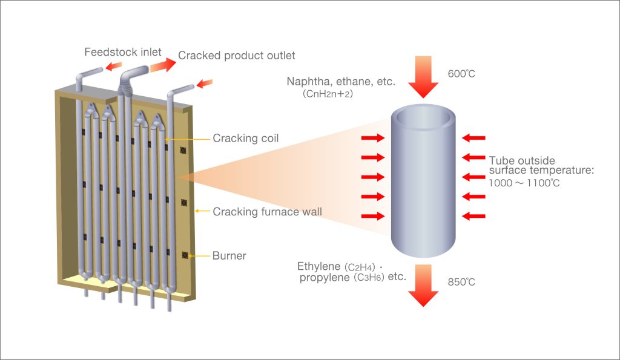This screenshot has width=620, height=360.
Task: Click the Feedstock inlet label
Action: (122, 52)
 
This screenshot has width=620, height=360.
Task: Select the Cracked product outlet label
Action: (237, 55)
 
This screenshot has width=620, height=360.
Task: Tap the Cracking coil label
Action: (246, 139)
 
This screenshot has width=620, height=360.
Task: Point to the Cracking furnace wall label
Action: (267, 212)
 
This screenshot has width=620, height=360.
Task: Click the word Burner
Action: (229, 256)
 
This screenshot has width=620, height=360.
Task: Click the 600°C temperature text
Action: (461, 73)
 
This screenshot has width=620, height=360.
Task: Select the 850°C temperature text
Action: (461, 282)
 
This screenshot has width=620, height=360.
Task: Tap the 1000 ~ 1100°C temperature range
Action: (524, 183)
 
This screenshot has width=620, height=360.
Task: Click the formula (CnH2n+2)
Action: (328, 94)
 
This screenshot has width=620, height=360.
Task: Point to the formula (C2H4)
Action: (360, 267)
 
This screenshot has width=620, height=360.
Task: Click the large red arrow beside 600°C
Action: (423, 77)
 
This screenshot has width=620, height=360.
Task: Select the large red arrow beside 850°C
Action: (423, 286)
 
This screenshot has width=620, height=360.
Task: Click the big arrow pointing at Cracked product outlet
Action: (163, 65)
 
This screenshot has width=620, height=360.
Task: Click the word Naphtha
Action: (309, 82)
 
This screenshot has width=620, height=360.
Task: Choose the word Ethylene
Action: (319, 267)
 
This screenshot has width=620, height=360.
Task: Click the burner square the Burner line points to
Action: (185, 255)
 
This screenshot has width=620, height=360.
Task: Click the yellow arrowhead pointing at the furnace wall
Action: (197, 211)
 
